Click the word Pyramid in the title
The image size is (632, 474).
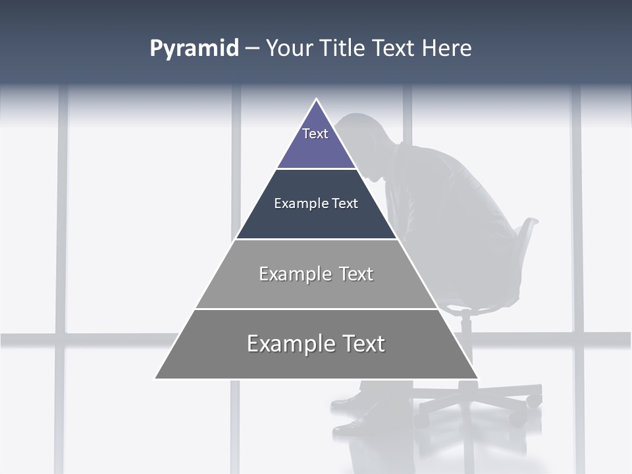point(194,49)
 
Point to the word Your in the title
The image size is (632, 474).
point(290,49)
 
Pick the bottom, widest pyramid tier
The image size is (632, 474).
point(316,355)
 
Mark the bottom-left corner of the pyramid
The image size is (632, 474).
point(156,378)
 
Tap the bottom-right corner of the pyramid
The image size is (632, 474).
point(477,378)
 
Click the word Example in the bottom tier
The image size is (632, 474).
point(288,344)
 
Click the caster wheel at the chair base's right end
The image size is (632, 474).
point(535,399)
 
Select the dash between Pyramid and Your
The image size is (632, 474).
point(252,49)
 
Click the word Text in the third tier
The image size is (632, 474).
point(356,274)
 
